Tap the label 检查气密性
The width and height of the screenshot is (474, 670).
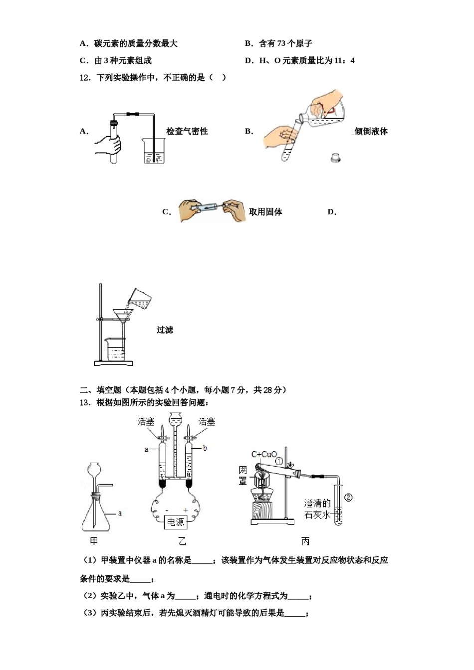pyautogui.click(x=187, y=132)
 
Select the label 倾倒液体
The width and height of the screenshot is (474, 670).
pyautogui.click(x=371, y=132)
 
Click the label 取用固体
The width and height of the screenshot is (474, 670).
pyautogui.click(x=265, y=212)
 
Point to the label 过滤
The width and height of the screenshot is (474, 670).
pyautogui.click(x=165, y=330)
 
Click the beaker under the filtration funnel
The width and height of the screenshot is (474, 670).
pyautogui.click(x=115, y=349)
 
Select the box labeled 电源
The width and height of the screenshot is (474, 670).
pyautogui.click(x=175, y=522)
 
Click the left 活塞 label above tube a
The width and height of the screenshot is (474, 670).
pyautogui.click(x=146, y=422)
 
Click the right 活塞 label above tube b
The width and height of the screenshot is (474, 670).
pyautogui.click(x=207, y=422)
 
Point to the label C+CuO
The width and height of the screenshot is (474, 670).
pyautogui.click(x=264, y=454)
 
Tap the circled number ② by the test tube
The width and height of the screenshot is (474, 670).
pyautogui.click(x=349, y=497)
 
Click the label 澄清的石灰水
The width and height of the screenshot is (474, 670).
pyautogui.click(x=317, y=509)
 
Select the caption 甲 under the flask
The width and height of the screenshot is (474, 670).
pyautogui.click(x=94, y=541)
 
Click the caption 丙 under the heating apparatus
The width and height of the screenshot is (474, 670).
pyautogui.click(x=305, y=541)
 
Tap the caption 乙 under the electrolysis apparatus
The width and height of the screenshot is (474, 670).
pyautogui.click(x=182, y=541)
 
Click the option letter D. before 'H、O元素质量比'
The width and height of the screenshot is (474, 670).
pyautogui.click(x=249, y=61)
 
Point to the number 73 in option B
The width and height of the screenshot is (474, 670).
pyautogui.click(x=281, y=44)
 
